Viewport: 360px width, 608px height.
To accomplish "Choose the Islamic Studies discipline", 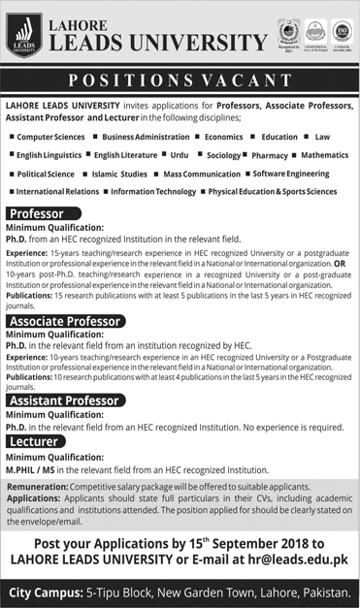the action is tap(101, 173).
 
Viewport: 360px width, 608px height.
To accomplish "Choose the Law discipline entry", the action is tap(321, 139).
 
